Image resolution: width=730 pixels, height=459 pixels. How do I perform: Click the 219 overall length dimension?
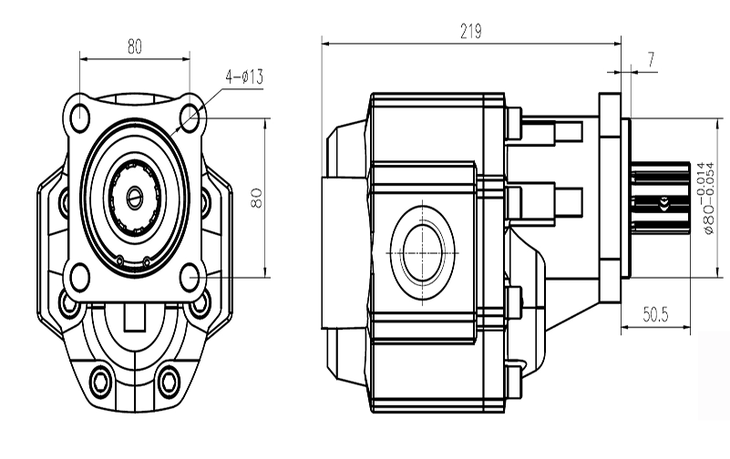click(x=470, y=32)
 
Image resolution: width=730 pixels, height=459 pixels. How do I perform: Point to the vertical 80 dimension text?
click(x=256, y=197)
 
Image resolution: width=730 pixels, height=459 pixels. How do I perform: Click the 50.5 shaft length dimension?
click(x=655, y=316)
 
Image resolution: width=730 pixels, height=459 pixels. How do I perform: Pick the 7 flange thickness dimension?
click(x=651, y=59)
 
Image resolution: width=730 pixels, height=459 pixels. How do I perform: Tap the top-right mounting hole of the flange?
click(x=190, y=117)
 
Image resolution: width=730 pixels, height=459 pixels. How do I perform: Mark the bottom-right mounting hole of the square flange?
click(x=190, y=274)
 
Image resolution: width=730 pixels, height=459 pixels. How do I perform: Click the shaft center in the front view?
click(x=136, y=195)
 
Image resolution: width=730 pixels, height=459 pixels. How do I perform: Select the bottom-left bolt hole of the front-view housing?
click(x=98, y=376)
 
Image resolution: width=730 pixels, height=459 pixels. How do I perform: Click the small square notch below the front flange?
click(x=134, y=321)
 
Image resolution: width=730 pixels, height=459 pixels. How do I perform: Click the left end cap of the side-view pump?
click(x=347, y=246)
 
